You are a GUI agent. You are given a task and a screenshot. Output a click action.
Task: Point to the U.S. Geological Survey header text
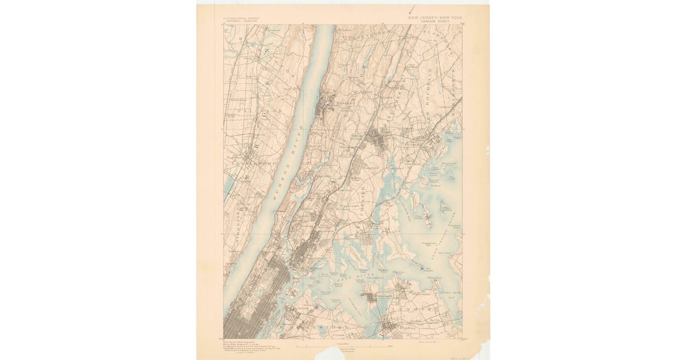click(241, 18)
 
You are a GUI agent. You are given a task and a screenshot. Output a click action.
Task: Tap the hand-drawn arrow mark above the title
click(411, 9)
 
